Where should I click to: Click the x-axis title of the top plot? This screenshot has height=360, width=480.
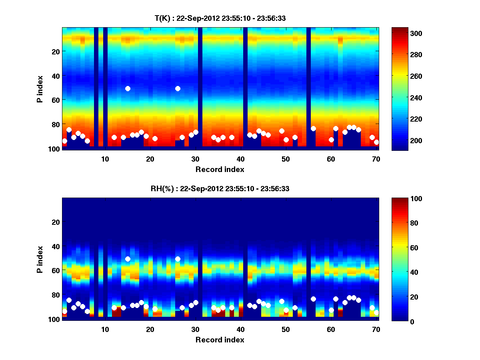(220, 169)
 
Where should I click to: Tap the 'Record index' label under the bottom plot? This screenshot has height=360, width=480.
(220, 340)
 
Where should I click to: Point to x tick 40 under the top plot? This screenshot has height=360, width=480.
(240, 158)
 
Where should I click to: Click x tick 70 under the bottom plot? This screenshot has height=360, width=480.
(376, 329)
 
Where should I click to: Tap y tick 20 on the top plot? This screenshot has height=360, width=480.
(55, 51)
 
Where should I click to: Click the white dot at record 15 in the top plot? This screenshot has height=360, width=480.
(128, 88)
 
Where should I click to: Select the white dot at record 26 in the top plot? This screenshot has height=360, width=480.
(178, 88)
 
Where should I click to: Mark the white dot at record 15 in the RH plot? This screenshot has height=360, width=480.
(128, 259)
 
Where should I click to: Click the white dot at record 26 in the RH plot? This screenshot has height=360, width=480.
(178, 259)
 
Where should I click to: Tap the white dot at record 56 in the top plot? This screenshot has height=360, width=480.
(313, 128)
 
